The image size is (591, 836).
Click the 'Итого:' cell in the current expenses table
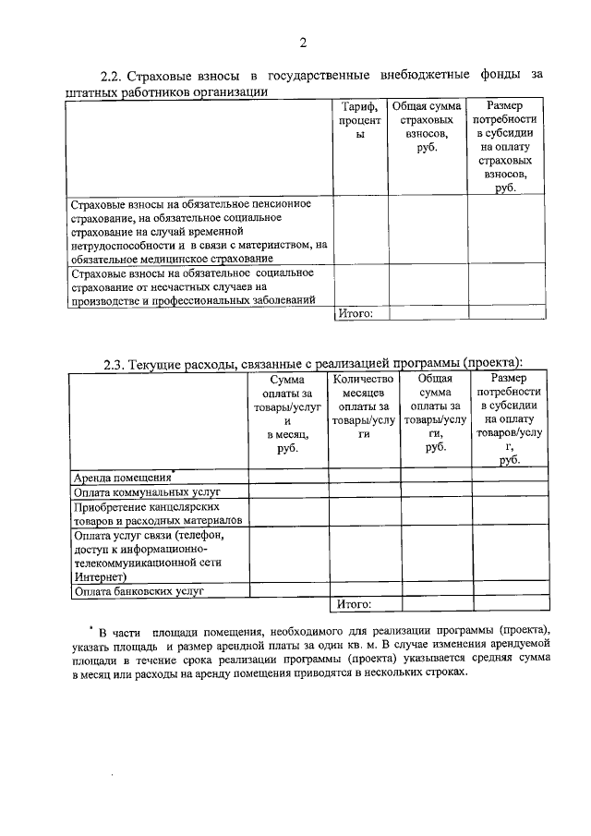point(354,604)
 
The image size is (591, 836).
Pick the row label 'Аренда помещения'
point(123,478)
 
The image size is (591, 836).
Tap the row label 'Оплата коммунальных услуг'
point(140,491)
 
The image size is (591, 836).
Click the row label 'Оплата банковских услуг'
point(139,590)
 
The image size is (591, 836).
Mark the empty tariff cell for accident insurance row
point(360,285)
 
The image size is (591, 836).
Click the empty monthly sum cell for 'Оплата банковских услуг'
point(288,590)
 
